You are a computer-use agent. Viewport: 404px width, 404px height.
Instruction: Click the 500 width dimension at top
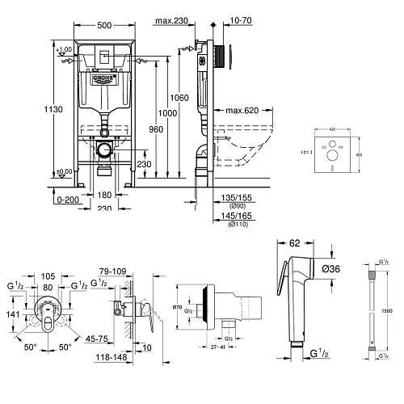106,25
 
